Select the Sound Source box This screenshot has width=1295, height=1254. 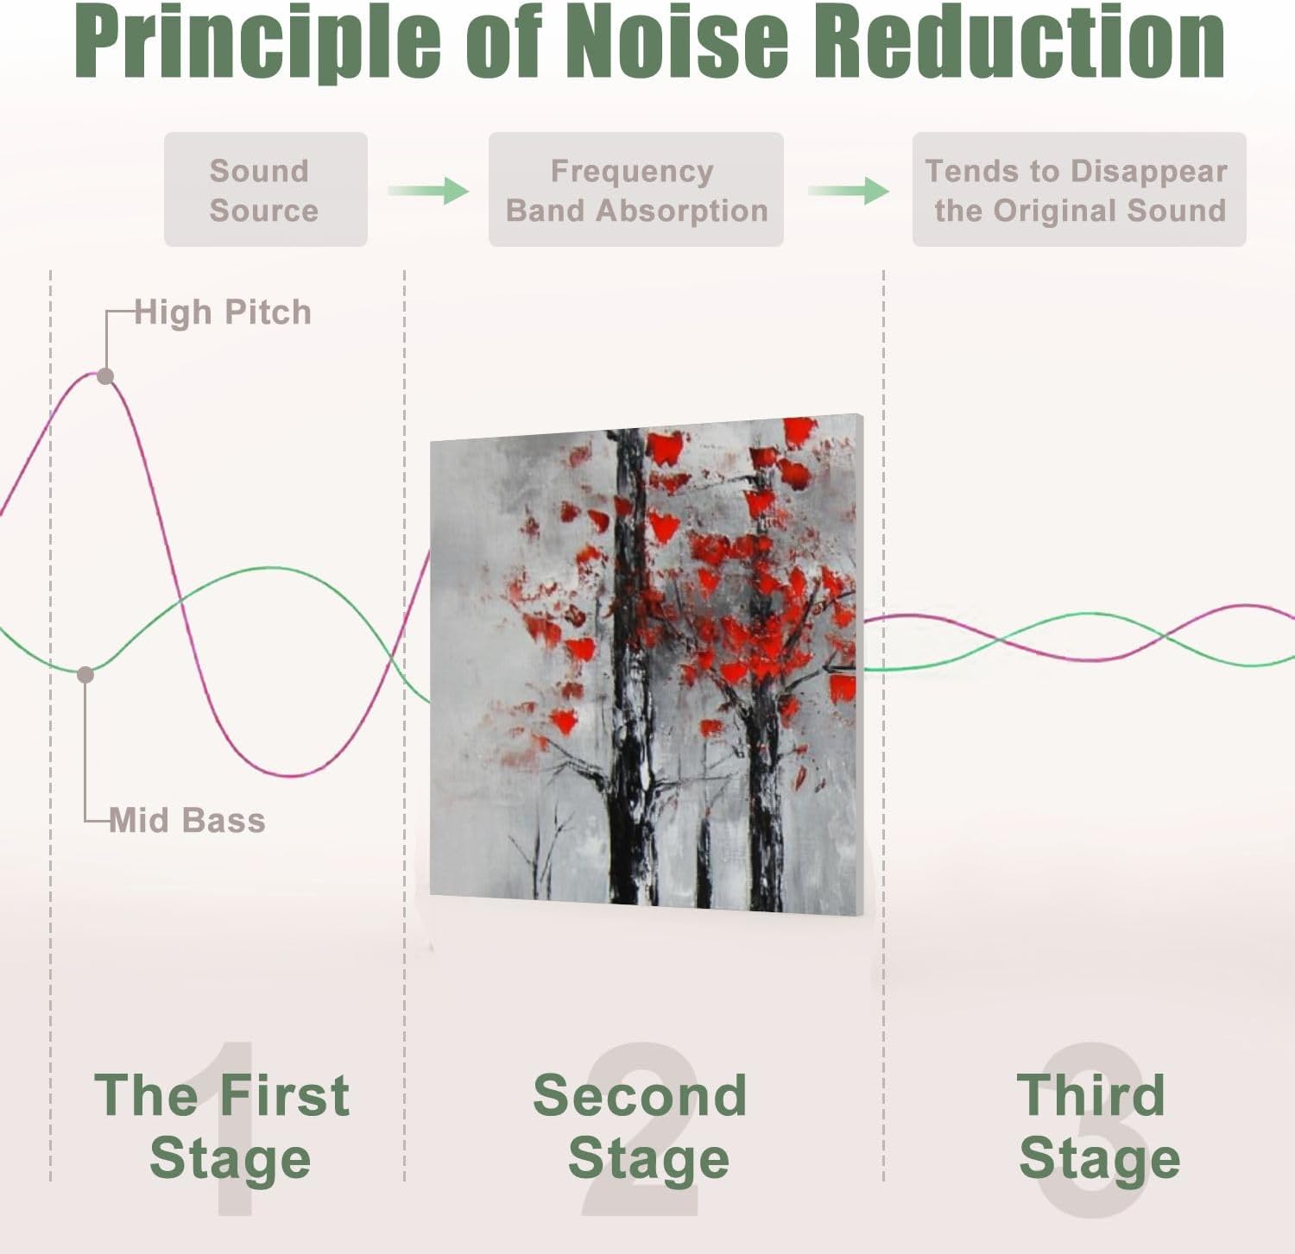[x=265, y=190]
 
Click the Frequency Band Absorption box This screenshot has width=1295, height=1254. [x=635, y=190]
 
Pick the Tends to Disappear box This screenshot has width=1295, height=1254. [x=1078, y=190]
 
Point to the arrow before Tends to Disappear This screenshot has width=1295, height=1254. [x=848, y=190]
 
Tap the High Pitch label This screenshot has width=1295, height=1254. [x=223, y=312]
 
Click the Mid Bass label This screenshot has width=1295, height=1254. [x=187, y=820]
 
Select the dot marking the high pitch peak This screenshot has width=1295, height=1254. [x=105, y=376]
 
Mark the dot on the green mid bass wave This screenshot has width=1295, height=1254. [x=85, y=675]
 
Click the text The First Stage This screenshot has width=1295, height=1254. [x=223, y=1126]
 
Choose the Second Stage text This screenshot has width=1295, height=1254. [x=641, y=1126]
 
